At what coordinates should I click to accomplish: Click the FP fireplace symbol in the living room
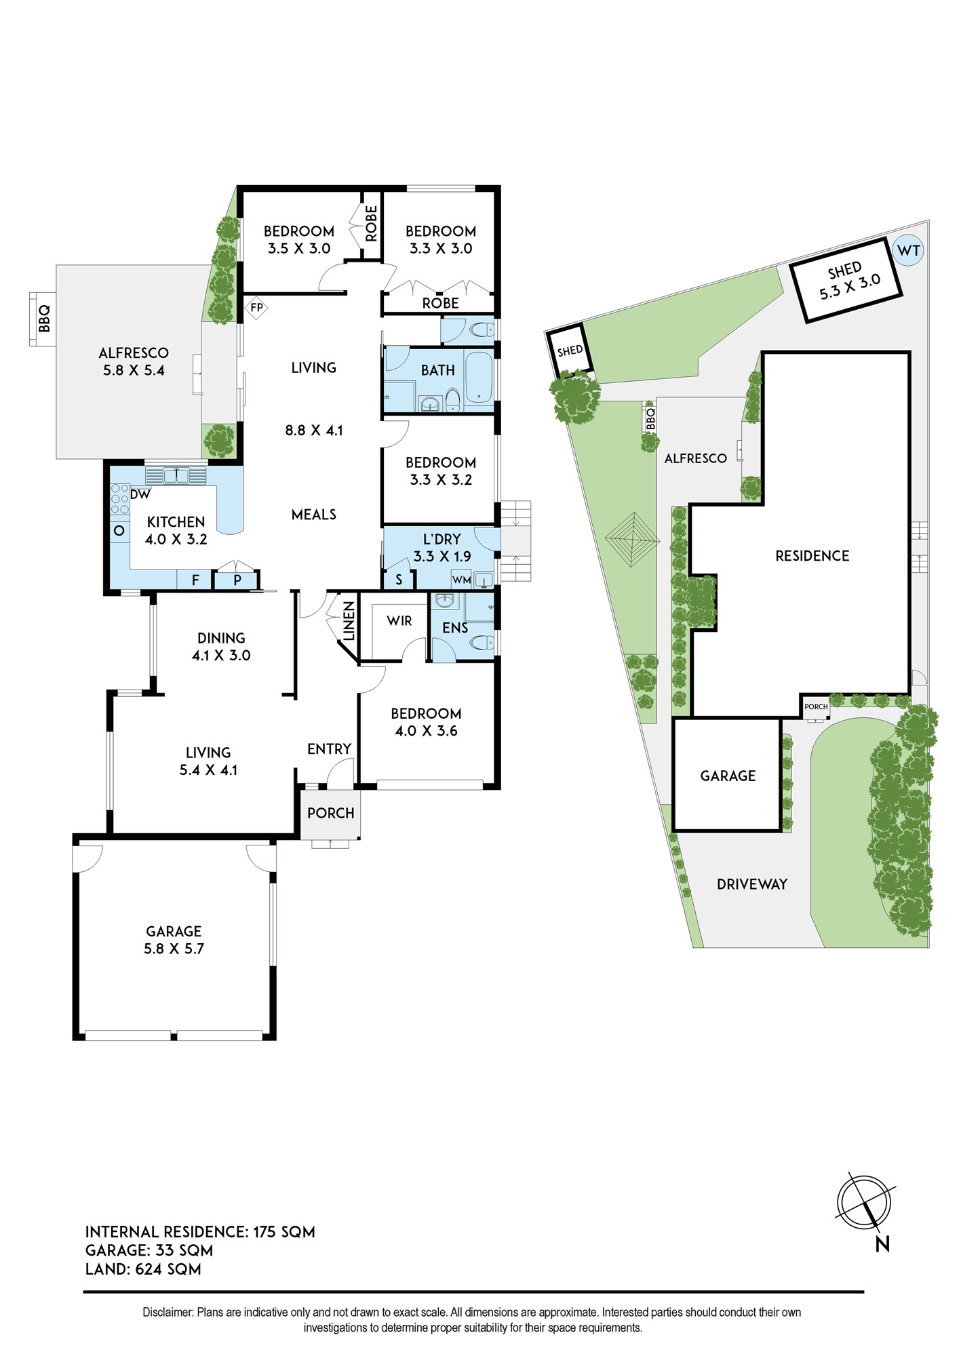256,308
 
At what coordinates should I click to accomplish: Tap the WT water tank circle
908,250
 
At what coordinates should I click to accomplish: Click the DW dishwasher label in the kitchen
140,494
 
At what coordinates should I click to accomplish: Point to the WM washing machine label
461,580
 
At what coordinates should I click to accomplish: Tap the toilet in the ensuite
482,641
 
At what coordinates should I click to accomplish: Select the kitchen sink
176,475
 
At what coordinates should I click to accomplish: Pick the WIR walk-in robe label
399,620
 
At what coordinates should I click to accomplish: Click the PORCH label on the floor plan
331,813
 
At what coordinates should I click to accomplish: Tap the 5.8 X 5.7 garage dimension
174,949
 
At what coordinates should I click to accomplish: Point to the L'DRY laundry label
442,539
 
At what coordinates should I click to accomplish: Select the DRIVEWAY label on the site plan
752,884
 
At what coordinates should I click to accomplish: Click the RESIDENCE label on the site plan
812,556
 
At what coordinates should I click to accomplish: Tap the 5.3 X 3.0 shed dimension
850,287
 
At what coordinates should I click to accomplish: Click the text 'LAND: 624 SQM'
143,1269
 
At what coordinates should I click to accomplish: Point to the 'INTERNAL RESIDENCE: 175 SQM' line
200,1232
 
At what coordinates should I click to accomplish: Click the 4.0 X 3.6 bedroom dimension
426,731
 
